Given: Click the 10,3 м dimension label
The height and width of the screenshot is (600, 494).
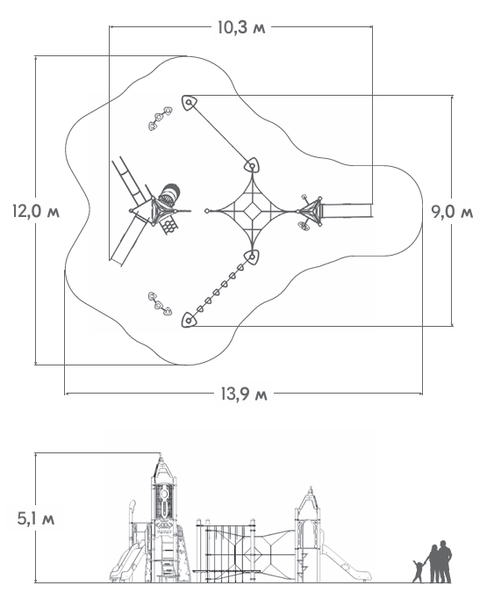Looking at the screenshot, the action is click(241, 27).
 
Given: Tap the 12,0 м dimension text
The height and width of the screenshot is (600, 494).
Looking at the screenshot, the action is click(36, 211).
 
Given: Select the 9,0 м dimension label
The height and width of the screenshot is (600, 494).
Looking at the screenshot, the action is click(452, 211).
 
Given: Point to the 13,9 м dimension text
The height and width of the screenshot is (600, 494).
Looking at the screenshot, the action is click(244, 394).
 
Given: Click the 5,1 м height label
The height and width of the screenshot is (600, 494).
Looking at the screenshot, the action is click(36, 519).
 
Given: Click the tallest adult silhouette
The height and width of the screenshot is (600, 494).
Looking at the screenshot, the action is click(444, 561).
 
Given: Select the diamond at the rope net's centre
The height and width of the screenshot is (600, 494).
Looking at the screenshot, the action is click(252, 211).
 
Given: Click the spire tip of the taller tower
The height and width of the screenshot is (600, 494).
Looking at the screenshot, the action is click(161, 455).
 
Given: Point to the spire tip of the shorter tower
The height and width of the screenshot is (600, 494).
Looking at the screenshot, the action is click(311, 488).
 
